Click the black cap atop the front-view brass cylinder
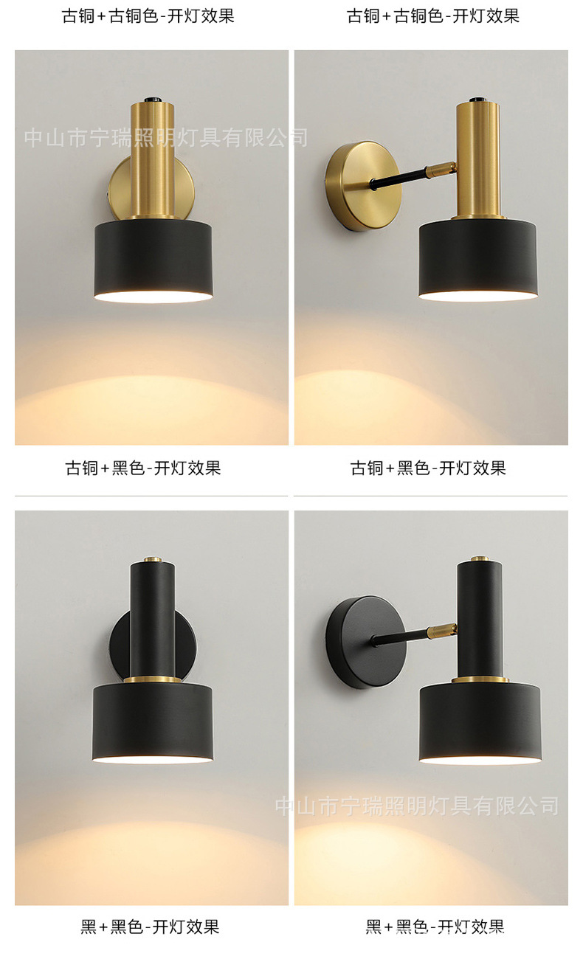[x=153, y=97]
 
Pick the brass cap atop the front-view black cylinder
[x=153, y=560]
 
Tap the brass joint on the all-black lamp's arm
[x=441, y=630]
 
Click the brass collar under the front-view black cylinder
[x=153, y=678]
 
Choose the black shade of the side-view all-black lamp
[x=480, y=723]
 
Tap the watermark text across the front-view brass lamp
[x=165, y=137]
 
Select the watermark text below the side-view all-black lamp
[x=417, y=806]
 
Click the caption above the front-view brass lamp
[x=148, y=16]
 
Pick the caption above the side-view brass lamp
[x=433, y=16]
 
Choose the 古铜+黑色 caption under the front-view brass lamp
[x=143, y=468]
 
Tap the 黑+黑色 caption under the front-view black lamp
[x=150, y=927]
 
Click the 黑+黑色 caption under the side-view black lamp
[x=435, y=927]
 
